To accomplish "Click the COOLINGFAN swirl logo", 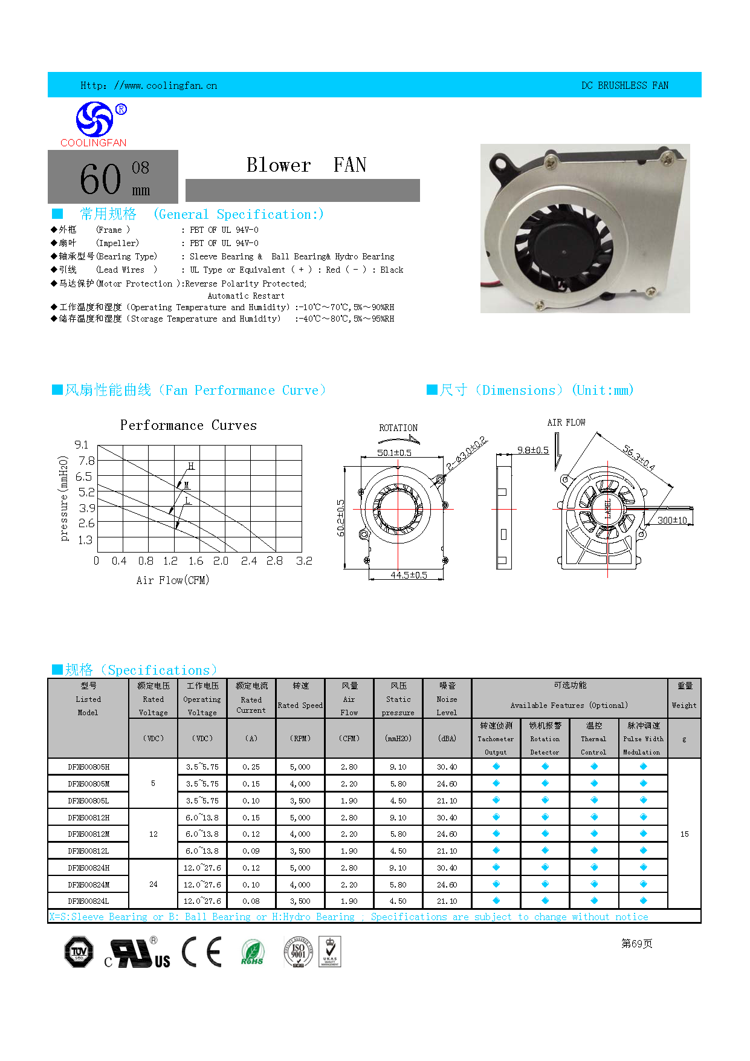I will click(x=94, y=119).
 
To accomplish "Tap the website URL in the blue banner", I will click(x=149, y=86).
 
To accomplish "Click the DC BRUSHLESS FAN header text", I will click(x=624, y=86).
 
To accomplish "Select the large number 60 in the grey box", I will click(x=100, y=180).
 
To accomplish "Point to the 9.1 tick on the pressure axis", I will click(x=82, y=445).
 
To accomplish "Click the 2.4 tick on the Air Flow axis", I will click(x=248, y=561).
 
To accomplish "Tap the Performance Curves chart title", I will click(x=188, y=426).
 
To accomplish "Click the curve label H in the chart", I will click(x=191, y=466).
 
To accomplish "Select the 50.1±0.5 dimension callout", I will click(x=394, y=453).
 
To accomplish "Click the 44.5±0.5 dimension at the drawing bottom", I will click(x=409, y=575).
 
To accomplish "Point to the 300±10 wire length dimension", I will click(x=671, y=520).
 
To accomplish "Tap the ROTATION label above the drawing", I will click(x=398, y=428).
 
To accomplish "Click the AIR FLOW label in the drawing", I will click(x=566, y=423).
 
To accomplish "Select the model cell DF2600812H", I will click(x=88, y=817).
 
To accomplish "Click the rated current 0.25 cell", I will click(x=251, y=767).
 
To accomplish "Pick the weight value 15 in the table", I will click(x=684, y=834).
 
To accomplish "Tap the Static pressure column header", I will click(x=398, y=699).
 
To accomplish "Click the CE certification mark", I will click(x=202, y=952).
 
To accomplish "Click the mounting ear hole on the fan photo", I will click(x=500, y=164).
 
